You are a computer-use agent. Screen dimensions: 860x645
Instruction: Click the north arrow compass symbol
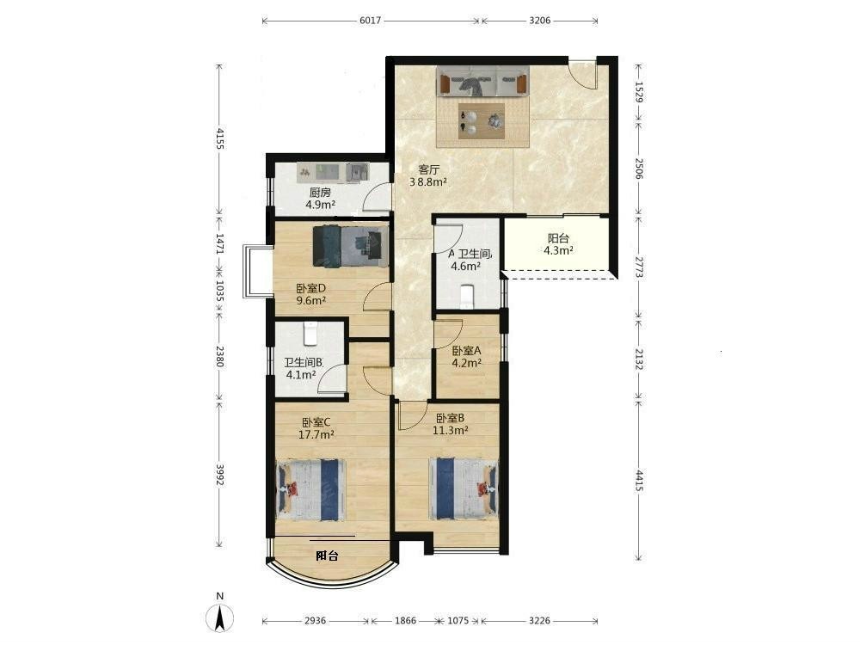click(x=220, y=618)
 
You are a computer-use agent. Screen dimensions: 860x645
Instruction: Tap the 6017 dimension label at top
click(x=370, y=21)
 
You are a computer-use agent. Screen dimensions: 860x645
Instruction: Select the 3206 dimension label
click(x=540, y=21)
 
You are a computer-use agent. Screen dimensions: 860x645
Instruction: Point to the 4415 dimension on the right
click(x=639, y=481)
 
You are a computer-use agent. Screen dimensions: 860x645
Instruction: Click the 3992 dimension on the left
click(x=219, y=475)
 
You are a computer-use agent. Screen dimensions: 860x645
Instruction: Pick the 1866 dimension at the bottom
click(x=405, y=621)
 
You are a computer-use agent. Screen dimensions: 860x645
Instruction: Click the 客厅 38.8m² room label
click(x=428, y=175)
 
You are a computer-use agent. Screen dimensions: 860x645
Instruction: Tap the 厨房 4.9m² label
click(x=320, y=199)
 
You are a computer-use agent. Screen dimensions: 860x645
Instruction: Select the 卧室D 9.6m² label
click(x=311, y=294)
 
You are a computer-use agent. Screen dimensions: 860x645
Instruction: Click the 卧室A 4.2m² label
click(x=467, y=357)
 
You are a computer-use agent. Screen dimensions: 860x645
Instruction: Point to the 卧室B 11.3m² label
click(x=451, y=424)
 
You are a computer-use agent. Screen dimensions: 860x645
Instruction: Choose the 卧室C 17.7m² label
click(x=316, y=428)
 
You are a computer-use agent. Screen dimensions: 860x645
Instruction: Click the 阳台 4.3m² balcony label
click(x=558, y=244)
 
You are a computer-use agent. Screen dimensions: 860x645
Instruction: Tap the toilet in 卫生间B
click(x=310, y=334)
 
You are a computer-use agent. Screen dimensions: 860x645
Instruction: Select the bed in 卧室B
click(x=464, y=488)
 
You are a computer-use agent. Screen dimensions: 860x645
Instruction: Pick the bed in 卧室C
click(x=311, y=490)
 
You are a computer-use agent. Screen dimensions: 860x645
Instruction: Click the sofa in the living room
click(x=482, y=82)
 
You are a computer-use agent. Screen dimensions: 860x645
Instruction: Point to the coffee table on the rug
click(x=482, y=121)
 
